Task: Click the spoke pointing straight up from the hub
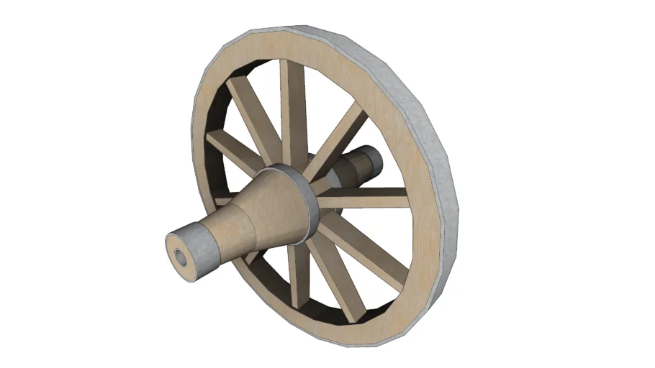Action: [x=291, y=108]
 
